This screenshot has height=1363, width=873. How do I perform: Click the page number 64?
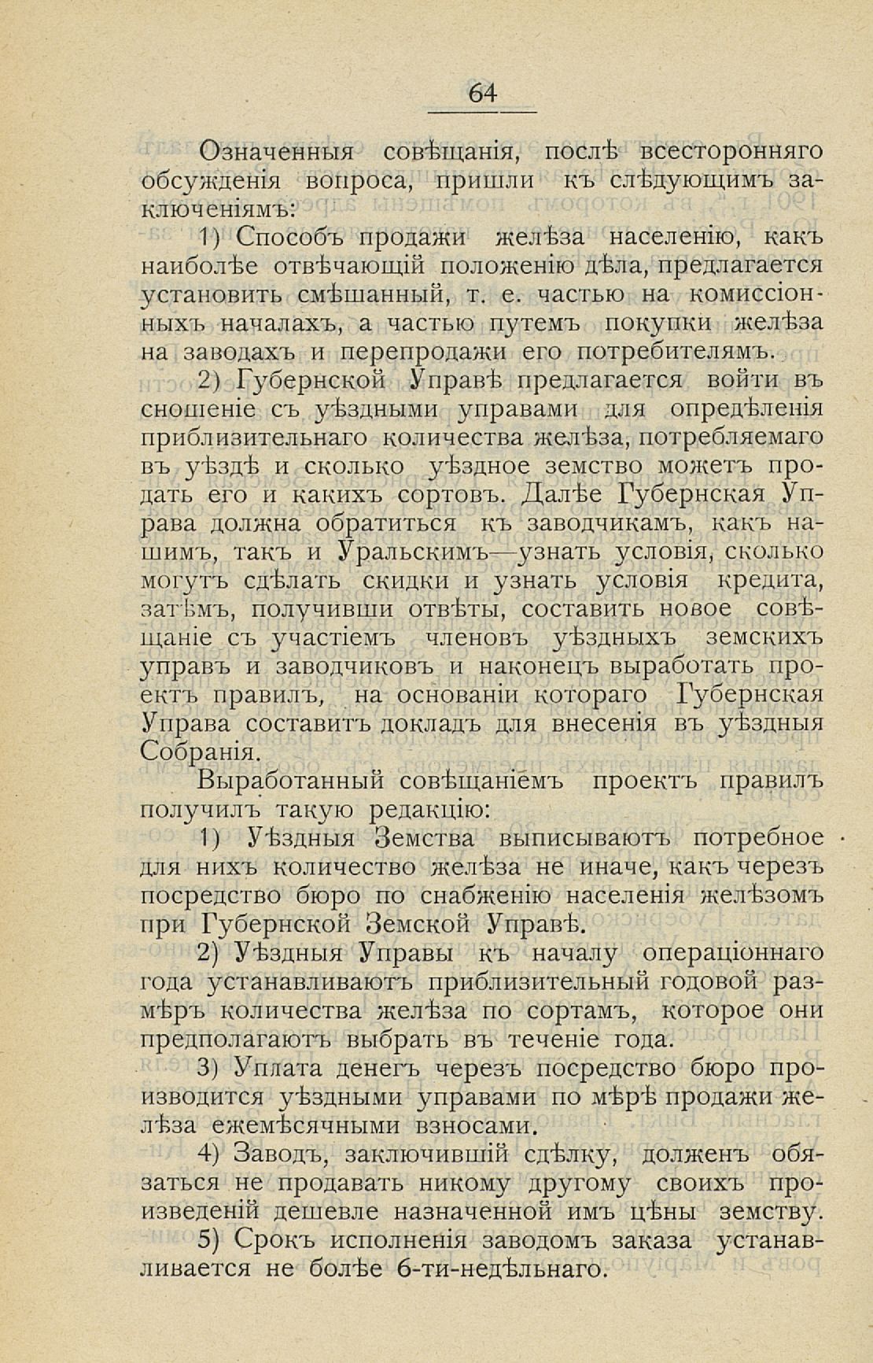(x=483, y=94)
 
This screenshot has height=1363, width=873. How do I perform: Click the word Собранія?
(x=197, y=752)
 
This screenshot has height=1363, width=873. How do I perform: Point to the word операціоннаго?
(x=734, y=952)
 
